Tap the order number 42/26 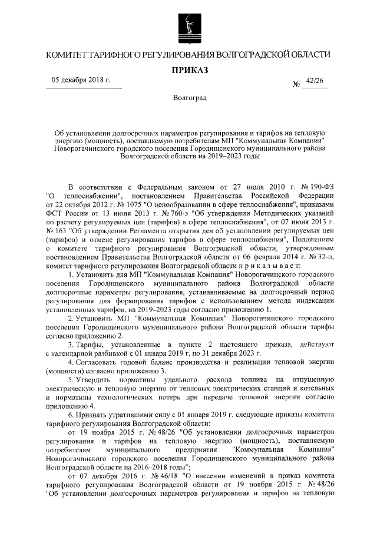pyautogui.click(x=315, y=83)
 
